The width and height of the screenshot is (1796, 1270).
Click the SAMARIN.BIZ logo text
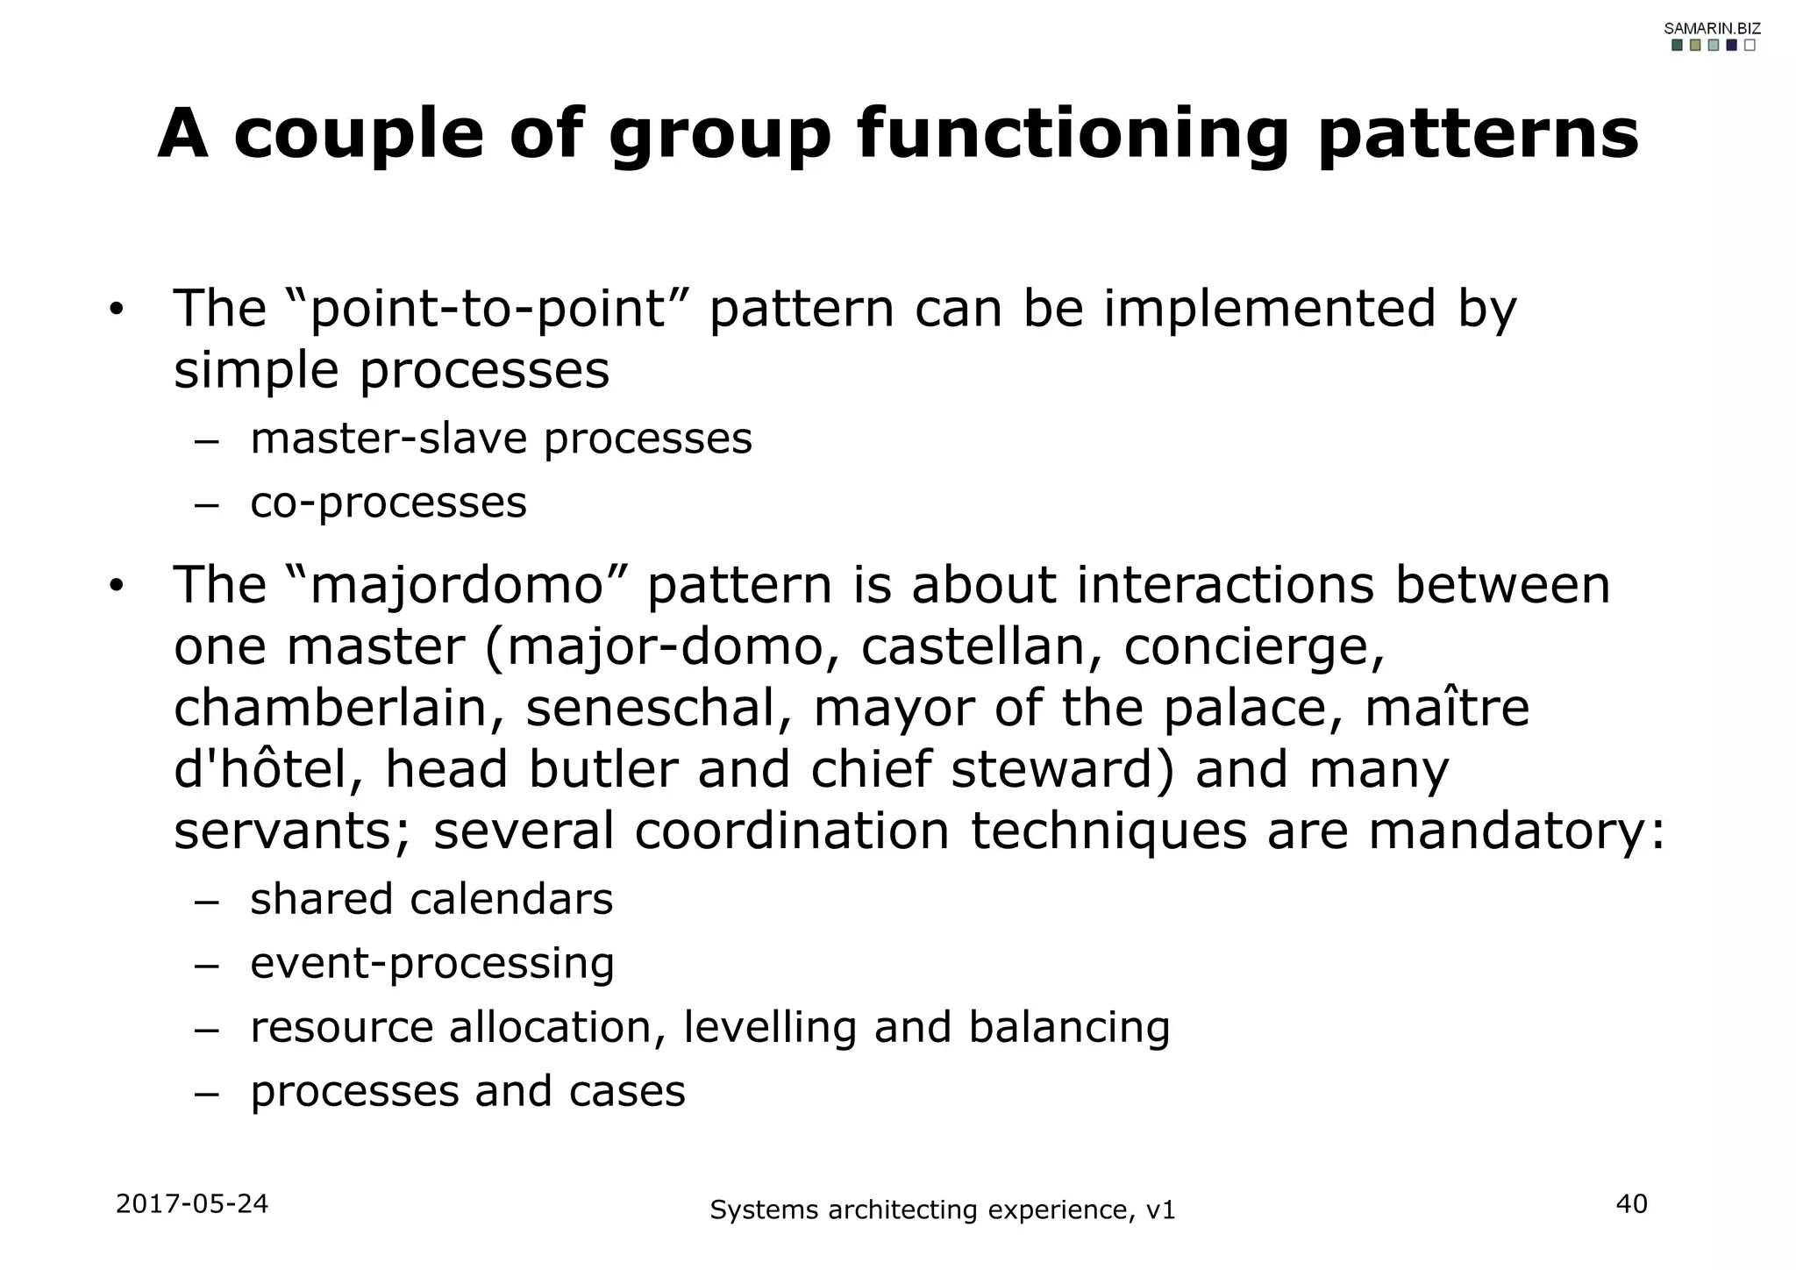(1712, 29)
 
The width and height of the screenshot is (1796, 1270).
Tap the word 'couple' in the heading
(359, 134)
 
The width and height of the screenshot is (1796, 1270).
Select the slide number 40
(1631, 1204)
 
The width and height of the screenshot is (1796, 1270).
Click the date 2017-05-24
(192, 1203)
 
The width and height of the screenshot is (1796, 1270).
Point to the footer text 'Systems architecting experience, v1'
(942, 1210)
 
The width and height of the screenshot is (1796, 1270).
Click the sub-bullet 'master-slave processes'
(501, 439)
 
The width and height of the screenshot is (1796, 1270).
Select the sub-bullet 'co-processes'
(388, 503)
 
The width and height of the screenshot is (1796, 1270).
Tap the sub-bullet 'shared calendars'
(431, 900)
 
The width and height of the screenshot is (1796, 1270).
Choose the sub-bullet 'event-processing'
(432, 963)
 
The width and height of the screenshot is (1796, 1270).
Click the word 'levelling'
(769, 1027)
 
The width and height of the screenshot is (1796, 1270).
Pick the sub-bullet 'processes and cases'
(467, 1091)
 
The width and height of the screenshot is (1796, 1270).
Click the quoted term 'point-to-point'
(488, 309)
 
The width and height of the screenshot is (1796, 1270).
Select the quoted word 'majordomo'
(457, 585)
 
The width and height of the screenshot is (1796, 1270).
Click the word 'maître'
(1447, 708)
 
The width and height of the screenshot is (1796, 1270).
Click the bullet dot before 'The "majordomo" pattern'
(117, 587)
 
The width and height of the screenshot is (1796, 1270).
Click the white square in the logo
(1749, 46)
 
